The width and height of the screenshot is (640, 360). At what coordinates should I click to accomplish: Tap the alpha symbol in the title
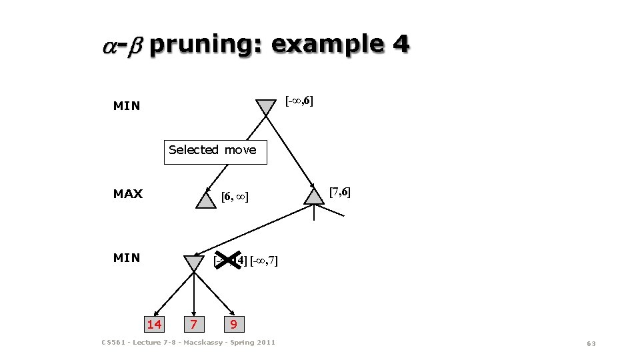pyautogui.click(x=109, y=46)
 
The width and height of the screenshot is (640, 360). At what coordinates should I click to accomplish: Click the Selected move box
pyautogui.click(x=215, y=151)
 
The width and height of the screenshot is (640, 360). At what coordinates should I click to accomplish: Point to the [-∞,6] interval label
pyautogui.click(x=299, y=101)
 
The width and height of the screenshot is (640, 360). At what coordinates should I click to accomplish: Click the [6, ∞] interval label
pyautogui.click(x=234, y=197)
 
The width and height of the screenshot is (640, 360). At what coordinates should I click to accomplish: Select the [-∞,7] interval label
pyautogui.click(x=263, y=261)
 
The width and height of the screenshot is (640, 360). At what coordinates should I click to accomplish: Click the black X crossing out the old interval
pyautogui.click(x=228, y=261)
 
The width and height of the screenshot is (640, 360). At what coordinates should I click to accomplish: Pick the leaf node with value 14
pyautogui.click(x=154, y=324)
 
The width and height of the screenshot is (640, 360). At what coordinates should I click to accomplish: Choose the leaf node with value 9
pyautogui.click(x=233, y=325)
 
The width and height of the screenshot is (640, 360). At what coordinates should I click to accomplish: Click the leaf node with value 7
pyautogui.click(x=193, y=325)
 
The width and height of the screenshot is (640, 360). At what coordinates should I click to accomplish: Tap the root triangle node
pyautogui.click(x=266, y=107)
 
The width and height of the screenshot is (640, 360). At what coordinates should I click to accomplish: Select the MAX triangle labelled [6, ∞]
pyautogui.click(x=206, y=200)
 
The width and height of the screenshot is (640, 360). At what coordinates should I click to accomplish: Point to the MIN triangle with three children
pyautogui.click(x=194, y=263)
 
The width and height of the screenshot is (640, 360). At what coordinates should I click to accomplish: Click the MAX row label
pyautogui.click(x=127, y=194)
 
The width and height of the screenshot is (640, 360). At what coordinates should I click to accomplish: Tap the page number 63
pyautogui.click(x=590, y=343)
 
